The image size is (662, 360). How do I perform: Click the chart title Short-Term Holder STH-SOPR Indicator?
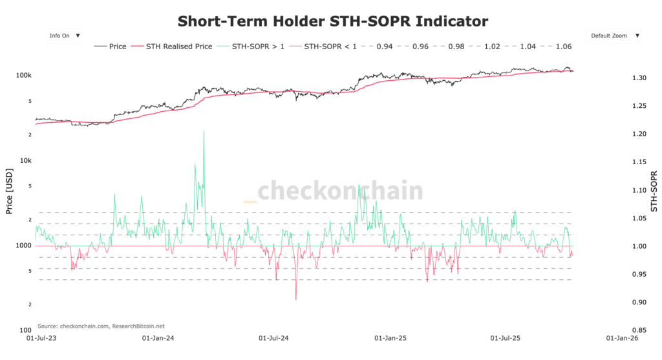(x=332, y=21)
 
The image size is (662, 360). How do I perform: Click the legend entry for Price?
(x=111, y=47)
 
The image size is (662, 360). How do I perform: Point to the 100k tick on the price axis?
(x=24, y=76)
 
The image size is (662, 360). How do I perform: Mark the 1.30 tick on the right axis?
(x=639, y=78)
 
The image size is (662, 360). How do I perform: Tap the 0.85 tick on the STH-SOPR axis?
(x=639, y=330)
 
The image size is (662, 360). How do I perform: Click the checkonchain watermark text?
(x=340, y=191)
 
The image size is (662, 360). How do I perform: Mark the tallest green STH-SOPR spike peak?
(x=204, y=132)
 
